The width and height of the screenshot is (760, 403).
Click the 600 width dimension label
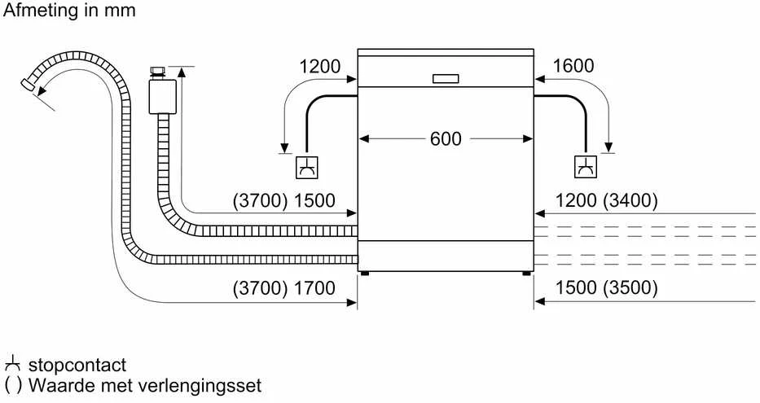(x=446, y=139)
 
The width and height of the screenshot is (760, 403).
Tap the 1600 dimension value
(x=573, y=66)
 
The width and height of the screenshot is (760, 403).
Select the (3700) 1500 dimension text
(x=284, y=200)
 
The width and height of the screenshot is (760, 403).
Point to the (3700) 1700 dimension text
(x=284, y=288)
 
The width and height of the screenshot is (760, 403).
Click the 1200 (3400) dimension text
(x=606, y=200)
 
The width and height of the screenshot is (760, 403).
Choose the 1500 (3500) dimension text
(x=606, y=287)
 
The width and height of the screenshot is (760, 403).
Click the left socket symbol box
(x=307, y=168)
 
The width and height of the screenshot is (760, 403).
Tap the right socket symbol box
(x=586, y=167)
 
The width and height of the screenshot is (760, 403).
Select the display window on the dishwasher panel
(x=446, y=79)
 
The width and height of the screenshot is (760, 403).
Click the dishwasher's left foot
(x=364, y=274)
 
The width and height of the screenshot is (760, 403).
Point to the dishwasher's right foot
(x=526, y=274)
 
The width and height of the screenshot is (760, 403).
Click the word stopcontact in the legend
(x=77, y=365)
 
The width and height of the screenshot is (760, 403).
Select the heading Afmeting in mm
(x=69, y=10)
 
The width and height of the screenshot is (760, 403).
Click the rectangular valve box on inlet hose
(x=162, y=96)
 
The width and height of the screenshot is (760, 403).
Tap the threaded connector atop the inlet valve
(x=158, y=73)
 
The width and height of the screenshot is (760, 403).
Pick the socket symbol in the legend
(x=12, y=364)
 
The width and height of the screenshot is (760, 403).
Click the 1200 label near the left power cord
(x=320, y=67)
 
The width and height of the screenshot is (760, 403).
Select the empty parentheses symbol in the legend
(x=13, y=386)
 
